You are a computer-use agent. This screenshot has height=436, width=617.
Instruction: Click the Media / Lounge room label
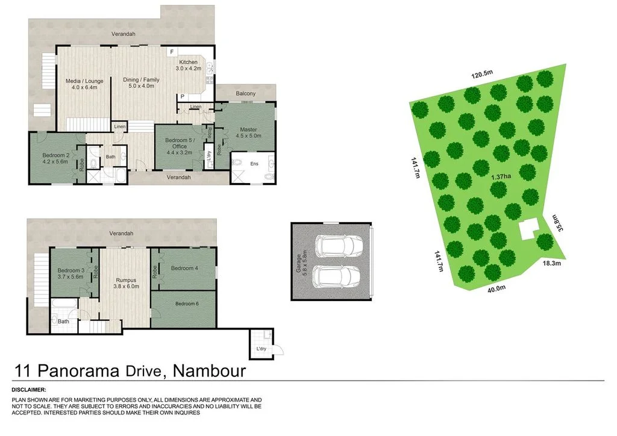[x=84, y=81]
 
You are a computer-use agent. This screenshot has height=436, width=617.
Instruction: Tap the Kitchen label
[x=188, y=63]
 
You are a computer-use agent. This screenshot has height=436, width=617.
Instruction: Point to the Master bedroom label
[x=248, y=129]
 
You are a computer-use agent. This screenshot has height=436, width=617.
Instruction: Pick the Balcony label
[x=246, y=93]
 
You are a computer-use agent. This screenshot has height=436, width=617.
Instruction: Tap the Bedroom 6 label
[x=187, y=304]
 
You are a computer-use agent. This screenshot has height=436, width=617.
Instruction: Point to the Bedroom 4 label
[x=184, y=268]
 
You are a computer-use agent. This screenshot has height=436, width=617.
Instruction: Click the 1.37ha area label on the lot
[x=501, y=176]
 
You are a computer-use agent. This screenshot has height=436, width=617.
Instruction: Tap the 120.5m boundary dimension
[x=482, y=74]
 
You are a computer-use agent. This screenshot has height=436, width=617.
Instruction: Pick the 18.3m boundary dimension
[x=552, y=263]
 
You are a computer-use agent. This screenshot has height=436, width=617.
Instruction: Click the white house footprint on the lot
[x=529, y=229]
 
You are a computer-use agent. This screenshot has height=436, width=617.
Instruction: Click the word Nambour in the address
[x=209, y=370]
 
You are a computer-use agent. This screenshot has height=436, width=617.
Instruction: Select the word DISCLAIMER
[x=29, y=390]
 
